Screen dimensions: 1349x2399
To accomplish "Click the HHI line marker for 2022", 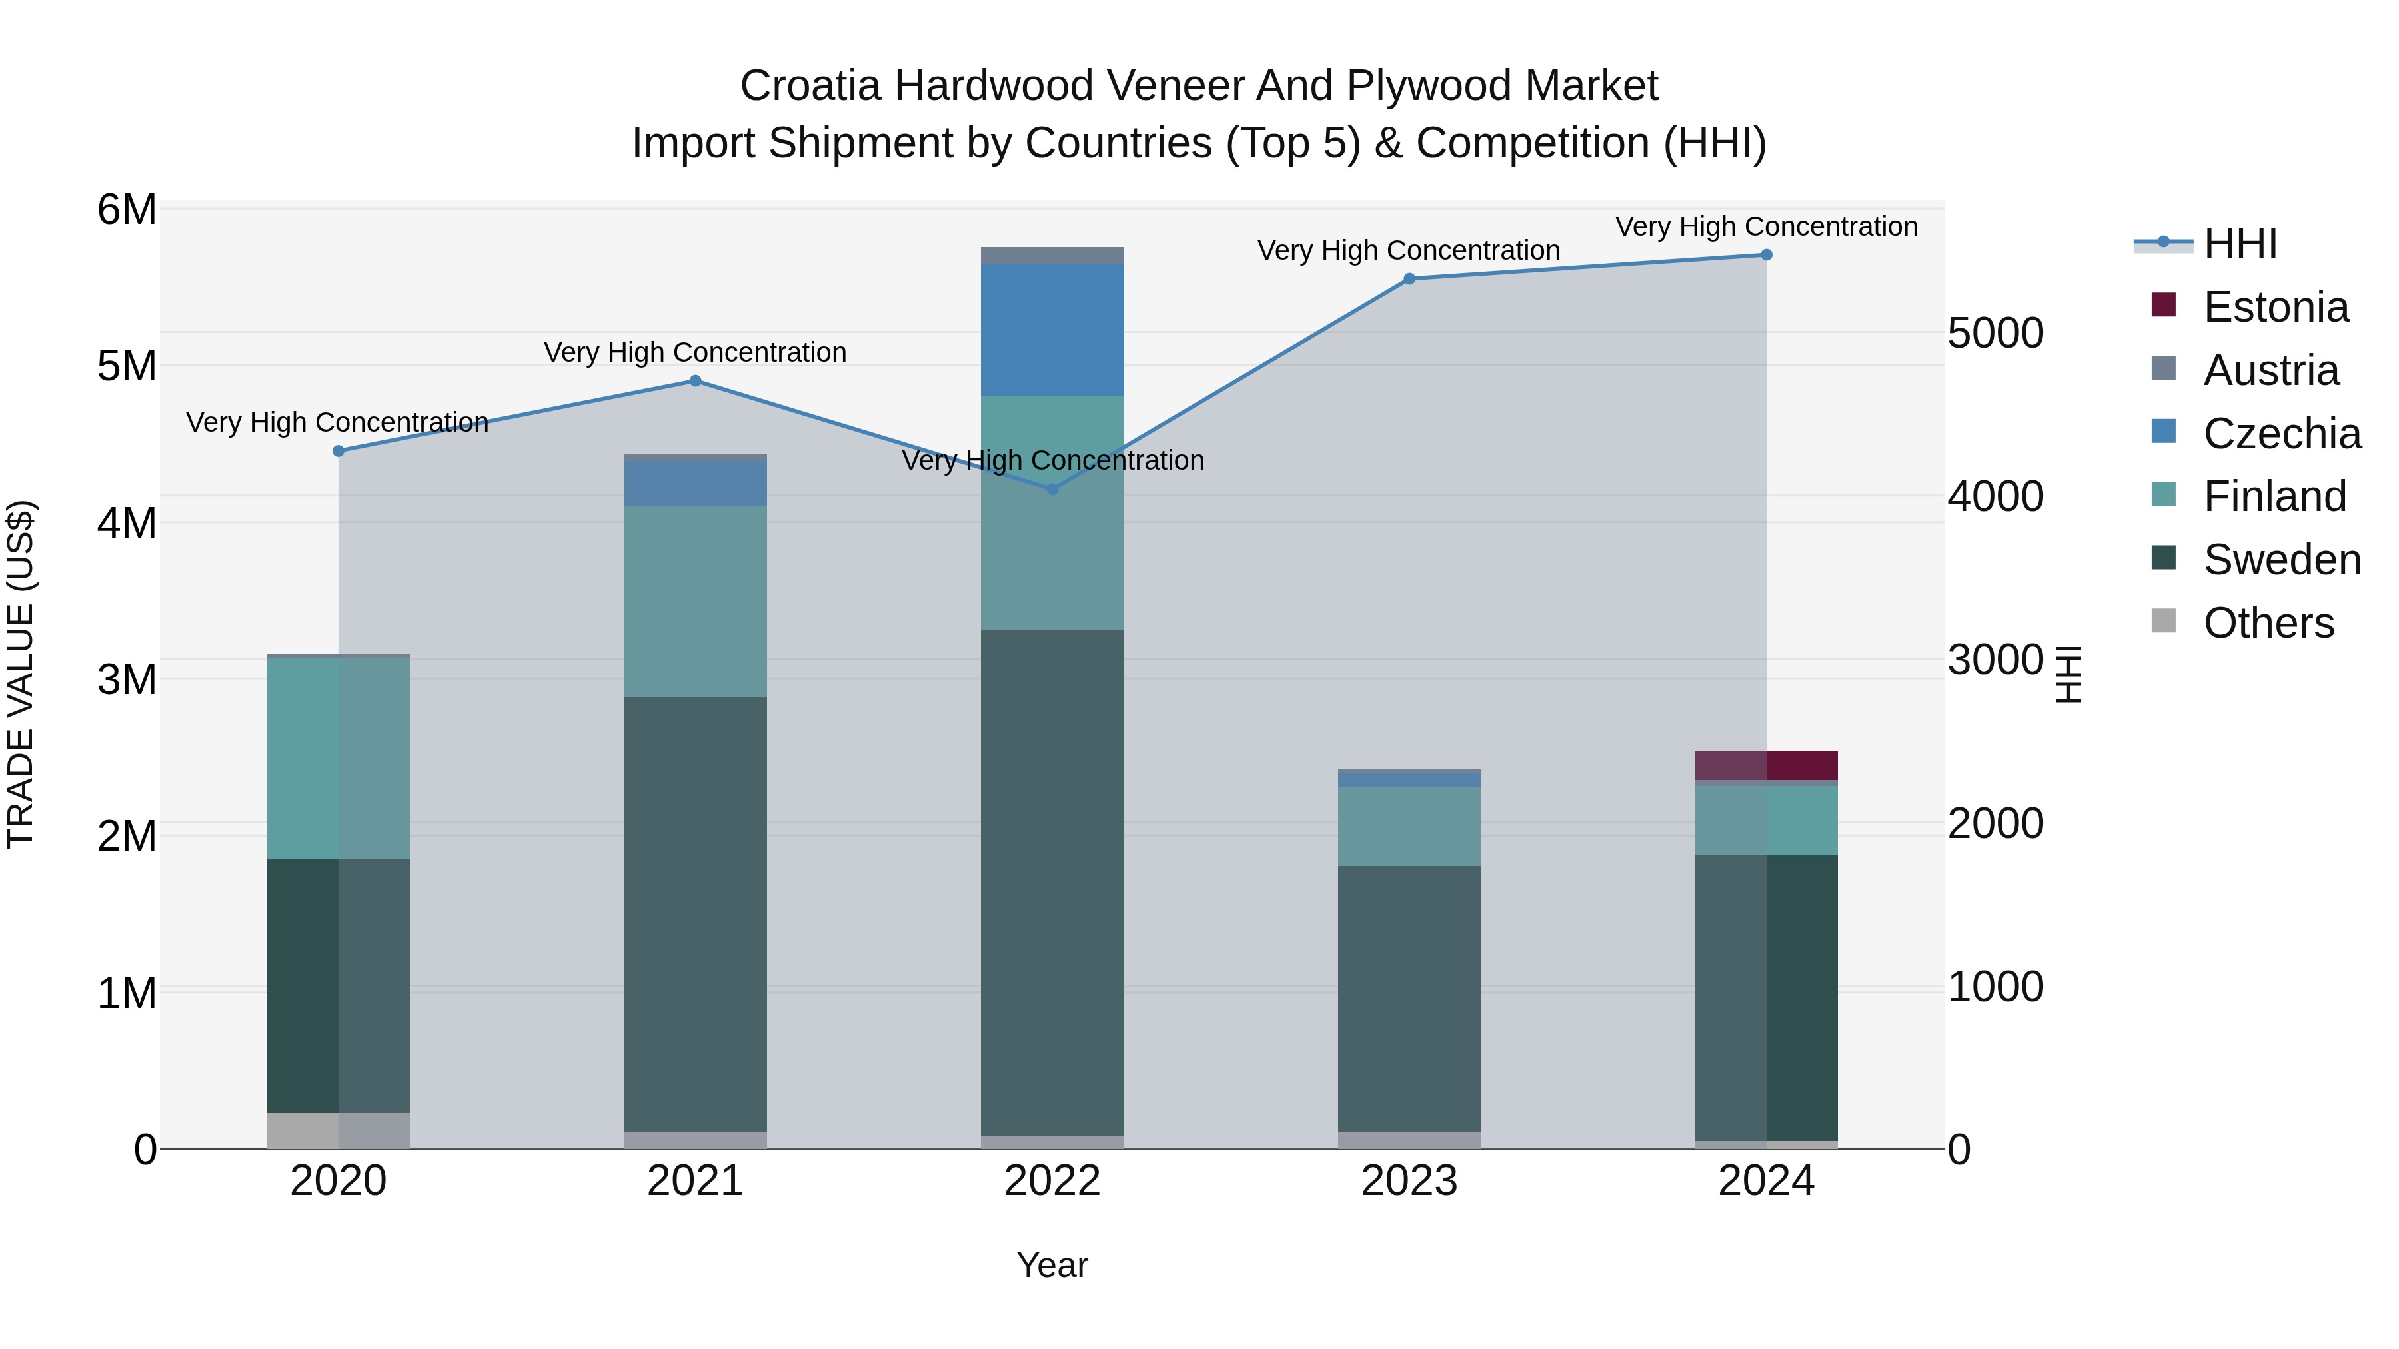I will click(1052, 489).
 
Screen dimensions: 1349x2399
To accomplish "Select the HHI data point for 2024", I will click(1766, 255).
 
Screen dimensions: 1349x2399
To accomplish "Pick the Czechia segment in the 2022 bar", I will click(1052, 330).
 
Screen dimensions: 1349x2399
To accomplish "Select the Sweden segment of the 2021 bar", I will click(696, 913).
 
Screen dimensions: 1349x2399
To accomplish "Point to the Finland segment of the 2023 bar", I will click(1409, 827).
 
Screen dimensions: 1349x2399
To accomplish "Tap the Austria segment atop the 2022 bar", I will click(1052, 255).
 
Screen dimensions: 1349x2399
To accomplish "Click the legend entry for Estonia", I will click(2275, 307).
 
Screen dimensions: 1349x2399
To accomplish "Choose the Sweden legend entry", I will click(2281, 560).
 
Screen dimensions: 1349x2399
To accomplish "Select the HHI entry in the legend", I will click(2240, 244).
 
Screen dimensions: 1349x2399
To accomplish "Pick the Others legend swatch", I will click(2163, 621).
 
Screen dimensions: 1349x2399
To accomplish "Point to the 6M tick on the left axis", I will click(127, 209).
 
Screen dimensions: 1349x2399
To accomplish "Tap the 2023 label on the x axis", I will click(1409, 1181).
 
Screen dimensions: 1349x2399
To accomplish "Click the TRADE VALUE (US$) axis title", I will click(21, 674).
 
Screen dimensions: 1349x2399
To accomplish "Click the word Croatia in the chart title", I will click(810, 86).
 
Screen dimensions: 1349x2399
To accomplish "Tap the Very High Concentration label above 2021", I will click(696, 353).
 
